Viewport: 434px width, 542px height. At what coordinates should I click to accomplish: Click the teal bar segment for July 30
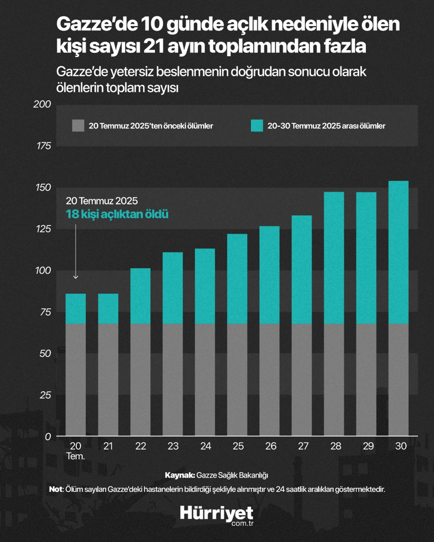click(398, 252)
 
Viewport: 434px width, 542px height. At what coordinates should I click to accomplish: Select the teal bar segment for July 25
click(238, 279)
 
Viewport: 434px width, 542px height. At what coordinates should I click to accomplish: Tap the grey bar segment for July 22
click(141, 380)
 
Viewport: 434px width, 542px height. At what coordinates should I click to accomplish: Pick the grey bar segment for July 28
click(334, 380)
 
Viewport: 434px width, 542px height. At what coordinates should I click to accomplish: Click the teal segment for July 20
click(76, 309)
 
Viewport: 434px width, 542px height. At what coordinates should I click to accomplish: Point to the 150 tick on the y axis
click(45, 188)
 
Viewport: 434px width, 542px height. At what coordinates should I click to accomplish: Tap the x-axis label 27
click(303, 446)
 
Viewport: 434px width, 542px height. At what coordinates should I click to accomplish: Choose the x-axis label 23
click(173, 446)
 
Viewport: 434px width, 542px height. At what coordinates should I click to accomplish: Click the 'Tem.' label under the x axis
click(76, 456)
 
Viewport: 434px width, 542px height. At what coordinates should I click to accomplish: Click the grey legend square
click(78, 126)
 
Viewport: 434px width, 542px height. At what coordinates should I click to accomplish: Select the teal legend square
click(256, 126)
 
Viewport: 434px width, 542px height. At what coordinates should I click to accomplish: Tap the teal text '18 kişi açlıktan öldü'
click(117, 215)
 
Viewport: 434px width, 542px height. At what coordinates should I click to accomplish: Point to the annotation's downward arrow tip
click(76, 277)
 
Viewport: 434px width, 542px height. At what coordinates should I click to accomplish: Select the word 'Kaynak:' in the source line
click(180, 474)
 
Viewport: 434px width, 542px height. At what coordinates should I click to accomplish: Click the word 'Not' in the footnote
click(56, 489)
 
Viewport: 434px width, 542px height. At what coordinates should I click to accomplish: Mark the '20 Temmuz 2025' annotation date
click(101, 201)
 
